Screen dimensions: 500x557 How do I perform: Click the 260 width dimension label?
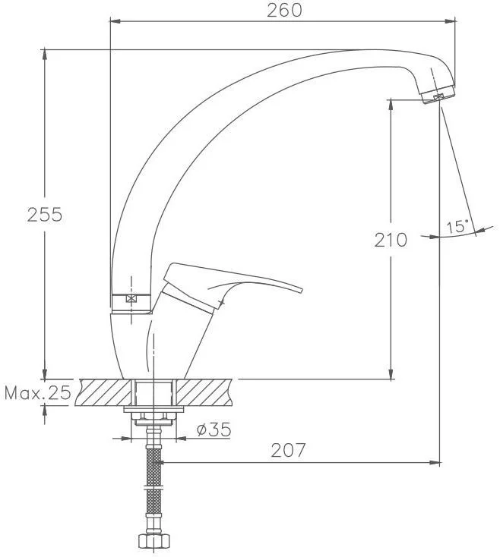pyautogui.click(x=284, y=10)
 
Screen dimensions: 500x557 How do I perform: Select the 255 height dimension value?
pyautogui.click(x=44, y=215)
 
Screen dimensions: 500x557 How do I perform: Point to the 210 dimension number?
pyautogui.click(x=391, y=240)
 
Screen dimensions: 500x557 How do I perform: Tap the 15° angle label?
pyautogui.click(x=457, y=227)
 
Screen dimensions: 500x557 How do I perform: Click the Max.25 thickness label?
pyautogui.click(x=38, y=393)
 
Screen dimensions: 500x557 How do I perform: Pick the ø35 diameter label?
pyautogui.click(x=214, y=430)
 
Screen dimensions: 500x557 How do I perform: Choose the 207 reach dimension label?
pyautogui.click(x=288, y=450)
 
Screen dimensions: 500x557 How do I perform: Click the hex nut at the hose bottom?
pyautogui.click(x=153, y=540)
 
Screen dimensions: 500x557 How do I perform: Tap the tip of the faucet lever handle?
pyautogui.click(x=302, y=290)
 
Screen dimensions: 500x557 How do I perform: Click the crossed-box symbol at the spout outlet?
pyautogui.click(x=438, y=96)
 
